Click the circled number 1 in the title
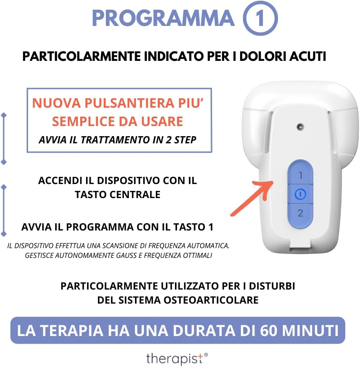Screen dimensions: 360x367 [x=260, y=18]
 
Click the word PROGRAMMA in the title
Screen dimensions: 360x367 [x=163, y=18]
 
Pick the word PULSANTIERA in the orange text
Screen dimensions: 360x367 [x=129, y=103]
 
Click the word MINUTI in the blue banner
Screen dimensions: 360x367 [x=310, y=331]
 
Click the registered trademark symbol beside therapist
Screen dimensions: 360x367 [x=206, y=355]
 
